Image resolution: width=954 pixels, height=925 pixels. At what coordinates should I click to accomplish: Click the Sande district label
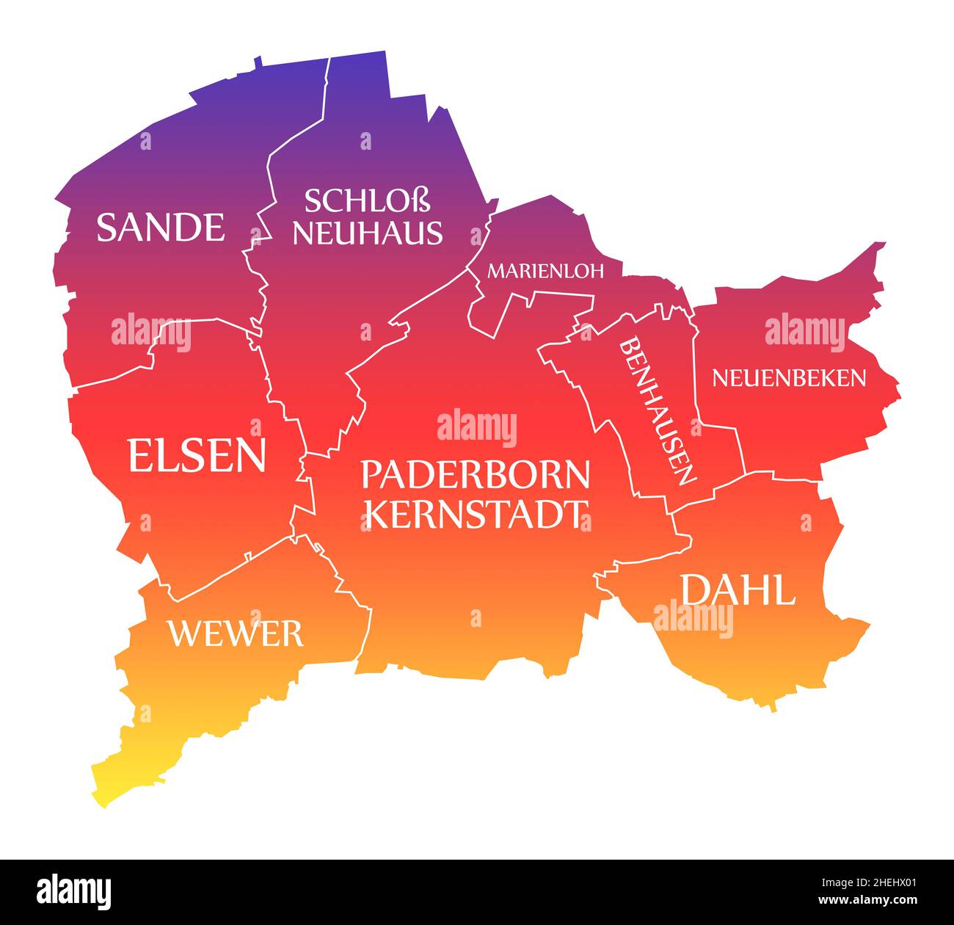tap(161, 227)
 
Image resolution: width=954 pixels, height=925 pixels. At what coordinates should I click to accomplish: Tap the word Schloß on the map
tap(367, 200)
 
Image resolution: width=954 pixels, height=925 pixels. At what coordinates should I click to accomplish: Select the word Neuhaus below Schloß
tap(368, 232)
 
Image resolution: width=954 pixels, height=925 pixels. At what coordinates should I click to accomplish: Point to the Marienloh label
tap(546, 271)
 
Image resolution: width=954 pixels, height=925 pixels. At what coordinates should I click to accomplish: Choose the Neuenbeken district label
tap(789, 378)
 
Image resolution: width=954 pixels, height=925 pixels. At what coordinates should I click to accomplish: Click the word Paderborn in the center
tap(476, 476)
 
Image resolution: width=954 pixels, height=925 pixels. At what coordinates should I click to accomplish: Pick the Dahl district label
tap(738, 590)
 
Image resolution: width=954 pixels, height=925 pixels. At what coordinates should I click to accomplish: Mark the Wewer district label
tap(236, 634)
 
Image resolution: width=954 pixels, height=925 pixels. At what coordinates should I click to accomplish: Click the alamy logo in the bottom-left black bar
tap(75, 891)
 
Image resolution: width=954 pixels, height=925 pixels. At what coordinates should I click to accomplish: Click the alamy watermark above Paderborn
tap(477, 427)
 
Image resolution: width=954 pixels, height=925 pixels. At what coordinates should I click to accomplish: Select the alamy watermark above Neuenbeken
tap(805, 330)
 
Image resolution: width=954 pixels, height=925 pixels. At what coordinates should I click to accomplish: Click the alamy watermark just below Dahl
tap(693, 618)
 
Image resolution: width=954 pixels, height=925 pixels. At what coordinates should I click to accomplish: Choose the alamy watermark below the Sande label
tap(151, 332)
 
